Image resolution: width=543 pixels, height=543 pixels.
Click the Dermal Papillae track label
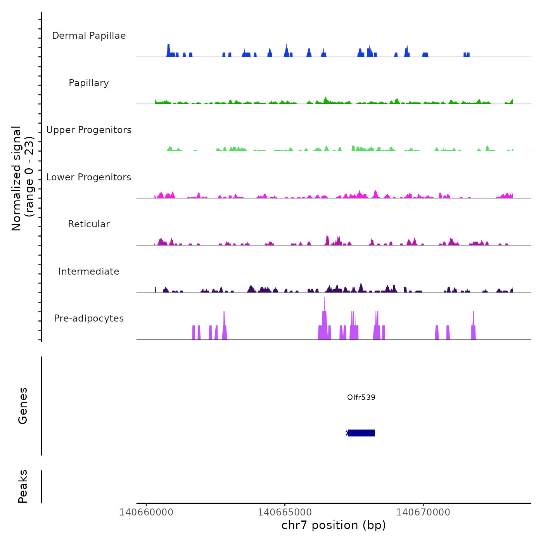[x=89, y=36]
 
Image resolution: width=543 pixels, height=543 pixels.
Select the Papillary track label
[x=89, y=83]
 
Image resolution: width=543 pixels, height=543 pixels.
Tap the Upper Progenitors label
[x=89, y=130]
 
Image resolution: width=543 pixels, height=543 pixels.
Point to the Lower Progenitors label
[x=89, y=177]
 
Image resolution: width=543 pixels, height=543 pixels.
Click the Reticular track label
[x=89, y=224]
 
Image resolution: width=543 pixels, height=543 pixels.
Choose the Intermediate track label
[x=89, y=271]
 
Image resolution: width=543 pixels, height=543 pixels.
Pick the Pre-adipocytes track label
[x=89, y=318]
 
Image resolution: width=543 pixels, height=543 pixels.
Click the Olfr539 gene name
[x=361, y=397]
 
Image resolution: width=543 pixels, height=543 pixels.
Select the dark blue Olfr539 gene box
[x=361, y=433]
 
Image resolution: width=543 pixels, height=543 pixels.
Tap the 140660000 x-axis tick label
[x=147, y=512]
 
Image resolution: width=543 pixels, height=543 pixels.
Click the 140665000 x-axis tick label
[x=285, y=512]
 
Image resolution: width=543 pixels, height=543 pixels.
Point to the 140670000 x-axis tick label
[x=423, y=512]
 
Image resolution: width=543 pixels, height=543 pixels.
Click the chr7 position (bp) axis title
[x=334, y=525]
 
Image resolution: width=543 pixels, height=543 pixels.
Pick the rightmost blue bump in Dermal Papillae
[x=467, y=55]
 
